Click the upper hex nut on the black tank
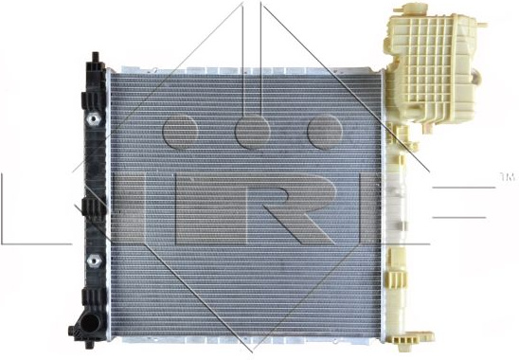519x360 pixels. click(94, 118)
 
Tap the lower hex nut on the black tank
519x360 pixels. click(94, 261)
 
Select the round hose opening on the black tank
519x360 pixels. click(89, 323)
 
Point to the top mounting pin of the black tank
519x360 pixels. click(96, 57)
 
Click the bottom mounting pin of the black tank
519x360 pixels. click(89, 345)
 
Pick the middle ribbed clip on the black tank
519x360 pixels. click(94, 207)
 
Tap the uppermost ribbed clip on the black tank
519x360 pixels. click(94, 100)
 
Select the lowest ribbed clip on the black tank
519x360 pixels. click(94, 297)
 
